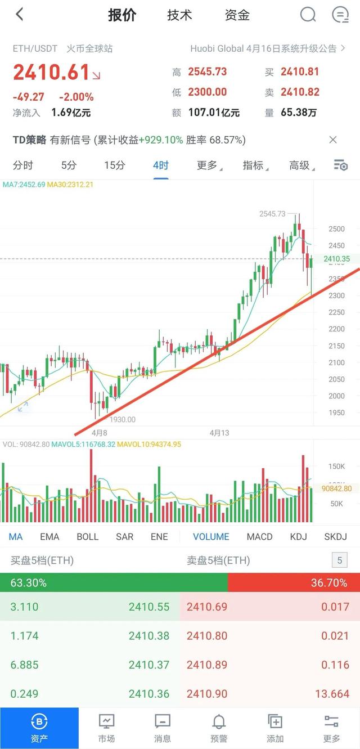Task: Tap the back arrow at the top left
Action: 20,15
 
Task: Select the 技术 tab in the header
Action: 179,15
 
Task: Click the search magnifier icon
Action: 308,15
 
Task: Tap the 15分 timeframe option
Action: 114,165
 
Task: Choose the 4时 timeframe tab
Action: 160,165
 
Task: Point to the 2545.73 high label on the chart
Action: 272,214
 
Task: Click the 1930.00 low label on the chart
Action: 123,419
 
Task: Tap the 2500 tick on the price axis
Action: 336,229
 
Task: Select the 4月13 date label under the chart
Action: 219,433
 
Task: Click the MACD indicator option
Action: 259,537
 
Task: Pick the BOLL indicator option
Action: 87,537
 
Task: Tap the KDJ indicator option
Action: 298,537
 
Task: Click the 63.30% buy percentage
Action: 29,583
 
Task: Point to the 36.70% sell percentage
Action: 329,583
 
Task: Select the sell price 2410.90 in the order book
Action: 208,694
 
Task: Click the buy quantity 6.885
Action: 25,665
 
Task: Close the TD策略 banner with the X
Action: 333,140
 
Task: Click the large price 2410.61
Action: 51,73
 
